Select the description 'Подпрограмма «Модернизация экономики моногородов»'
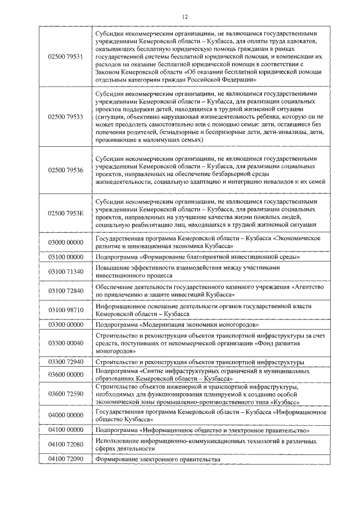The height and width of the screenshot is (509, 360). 169,325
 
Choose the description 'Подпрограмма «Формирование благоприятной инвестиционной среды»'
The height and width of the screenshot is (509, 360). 189,257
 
